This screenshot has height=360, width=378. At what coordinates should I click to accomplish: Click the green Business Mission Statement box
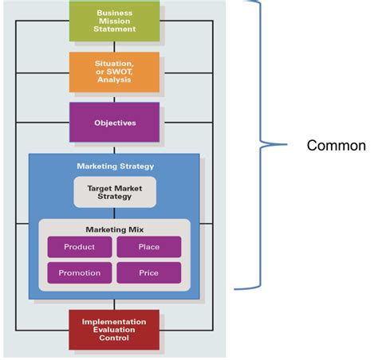(115, 22)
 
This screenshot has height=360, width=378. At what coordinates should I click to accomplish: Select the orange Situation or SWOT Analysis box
(115, 72)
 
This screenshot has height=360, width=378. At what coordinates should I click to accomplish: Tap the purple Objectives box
(115, 123)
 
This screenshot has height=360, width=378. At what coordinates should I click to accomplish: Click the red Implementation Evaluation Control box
(115, 330)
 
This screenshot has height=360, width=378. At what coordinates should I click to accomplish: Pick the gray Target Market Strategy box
(115, 191)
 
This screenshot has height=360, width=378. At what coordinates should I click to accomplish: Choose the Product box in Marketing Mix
(79, 247)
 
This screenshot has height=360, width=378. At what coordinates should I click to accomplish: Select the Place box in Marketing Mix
(148, 247)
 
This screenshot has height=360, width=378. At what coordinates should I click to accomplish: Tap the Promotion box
(79, 273)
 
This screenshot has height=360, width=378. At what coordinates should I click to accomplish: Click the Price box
(148, 273)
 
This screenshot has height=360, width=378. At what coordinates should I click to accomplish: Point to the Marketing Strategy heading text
(115, 166)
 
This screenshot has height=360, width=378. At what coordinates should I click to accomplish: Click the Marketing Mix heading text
(115, 229)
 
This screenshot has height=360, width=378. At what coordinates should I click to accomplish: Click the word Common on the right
(336, 146)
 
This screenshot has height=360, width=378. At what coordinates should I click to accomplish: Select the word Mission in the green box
(115, 22)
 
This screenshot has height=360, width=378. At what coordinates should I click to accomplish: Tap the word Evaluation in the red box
(115, 330)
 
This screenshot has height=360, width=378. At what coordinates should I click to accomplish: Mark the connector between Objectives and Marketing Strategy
(115, 147)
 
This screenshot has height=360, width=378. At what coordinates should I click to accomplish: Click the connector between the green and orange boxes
(115, 46)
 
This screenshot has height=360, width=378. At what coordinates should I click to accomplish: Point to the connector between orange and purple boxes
(115, 96)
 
